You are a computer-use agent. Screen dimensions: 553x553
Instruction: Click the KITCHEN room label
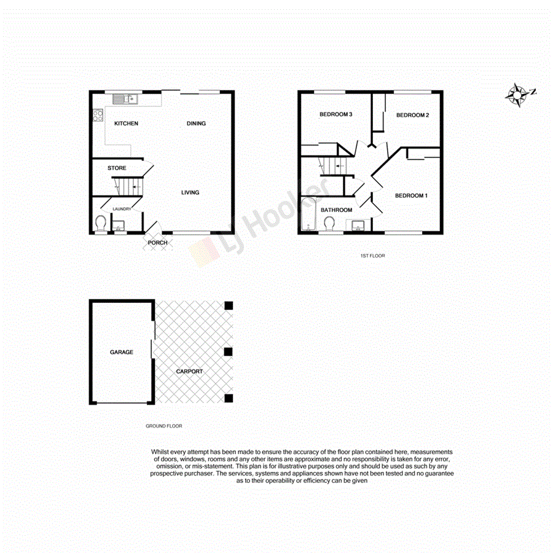(x=127, y=124)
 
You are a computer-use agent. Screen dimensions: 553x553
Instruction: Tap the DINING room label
(x=196, y=124)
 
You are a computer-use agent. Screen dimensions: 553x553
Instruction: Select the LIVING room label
(x=190, y=192)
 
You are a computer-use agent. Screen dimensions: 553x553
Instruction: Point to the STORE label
(x=117, y=168)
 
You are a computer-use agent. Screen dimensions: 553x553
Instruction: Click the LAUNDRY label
(x=122, y=209)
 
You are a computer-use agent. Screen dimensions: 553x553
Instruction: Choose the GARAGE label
(x=122, y=352)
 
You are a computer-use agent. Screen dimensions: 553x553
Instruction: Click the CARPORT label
(x=189, y=371)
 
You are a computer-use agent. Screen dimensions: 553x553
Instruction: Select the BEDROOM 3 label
(x=335, y=115)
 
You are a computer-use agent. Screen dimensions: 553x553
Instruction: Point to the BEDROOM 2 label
(x=412, y=115)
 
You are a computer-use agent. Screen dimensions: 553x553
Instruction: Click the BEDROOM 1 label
(x=410, y=195)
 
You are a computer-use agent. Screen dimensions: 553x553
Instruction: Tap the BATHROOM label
(x=336, y=210)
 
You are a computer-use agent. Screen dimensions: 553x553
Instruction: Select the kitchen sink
(x=131, y=98)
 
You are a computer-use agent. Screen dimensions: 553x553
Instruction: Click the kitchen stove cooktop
(x=97, y=115)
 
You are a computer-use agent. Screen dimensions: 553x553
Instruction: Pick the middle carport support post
(x=229, y=351)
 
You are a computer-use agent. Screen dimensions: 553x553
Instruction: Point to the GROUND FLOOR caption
(x=163, y=426)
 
